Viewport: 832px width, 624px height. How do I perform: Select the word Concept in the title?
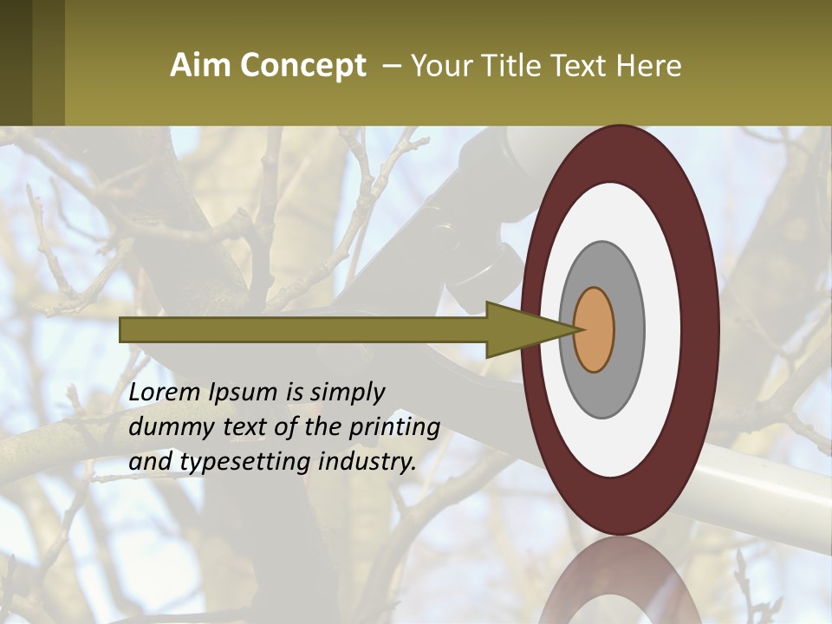pyautogui.click(x=302, y=66)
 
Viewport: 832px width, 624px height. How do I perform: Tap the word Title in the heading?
pyautogui.click(x=504, y=66)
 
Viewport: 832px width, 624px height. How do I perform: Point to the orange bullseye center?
pyautogui.click(x=595, y=329)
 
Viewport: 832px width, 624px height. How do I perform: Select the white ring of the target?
pyautogui.click(x=659, y=329)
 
